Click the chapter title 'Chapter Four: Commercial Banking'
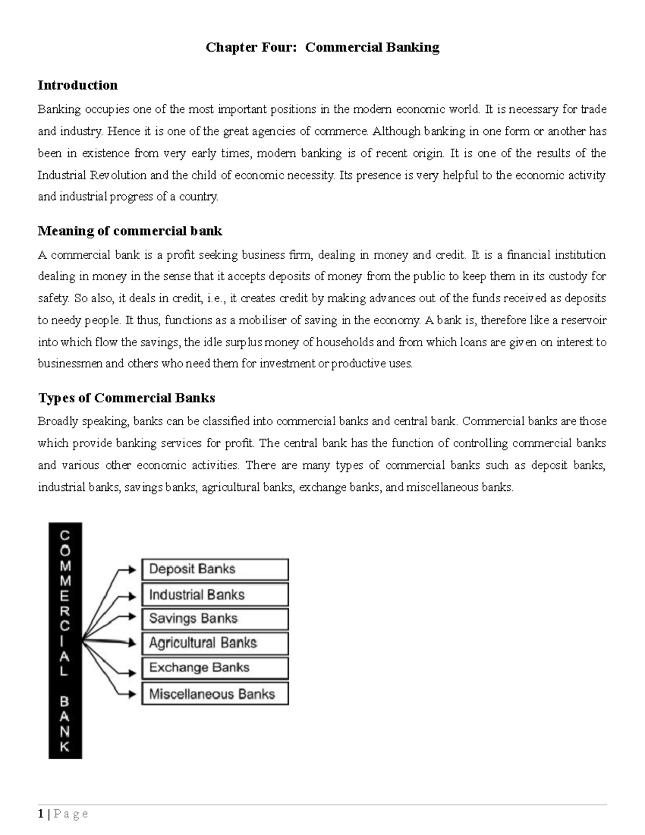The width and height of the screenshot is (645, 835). [x=322, y=48]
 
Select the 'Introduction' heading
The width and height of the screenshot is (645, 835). [x=77, y=85]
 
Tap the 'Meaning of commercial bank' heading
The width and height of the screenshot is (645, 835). [x=130, y=231]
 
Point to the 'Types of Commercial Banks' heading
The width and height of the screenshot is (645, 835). [x=126, y=398]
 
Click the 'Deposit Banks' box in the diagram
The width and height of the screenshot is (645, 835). [x=215, y=569]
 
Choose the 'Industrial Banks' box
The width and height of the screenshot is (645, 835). [x=215, y=595]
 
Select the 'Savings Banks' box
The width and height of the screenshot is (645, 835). [x=215, y=619]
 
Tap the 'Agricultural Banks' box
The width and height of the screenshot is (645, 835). [x=215, y=643]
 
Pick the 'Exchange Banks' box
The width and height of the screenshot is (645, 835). [x=215, y=668]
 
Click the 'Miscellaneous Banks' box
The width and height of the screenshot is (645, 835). [x=215, y=694]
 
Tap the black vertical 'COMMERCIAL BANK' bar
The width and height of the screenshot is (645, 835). [x=65, y=640]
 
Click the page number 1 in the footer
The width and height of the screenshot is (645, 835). [x=41, y=815]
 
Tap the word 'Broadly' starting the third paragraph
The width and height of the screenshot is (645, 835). [x=58, y=422]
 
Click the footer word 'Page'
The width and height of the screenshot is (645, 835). [x=71, y=815]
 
